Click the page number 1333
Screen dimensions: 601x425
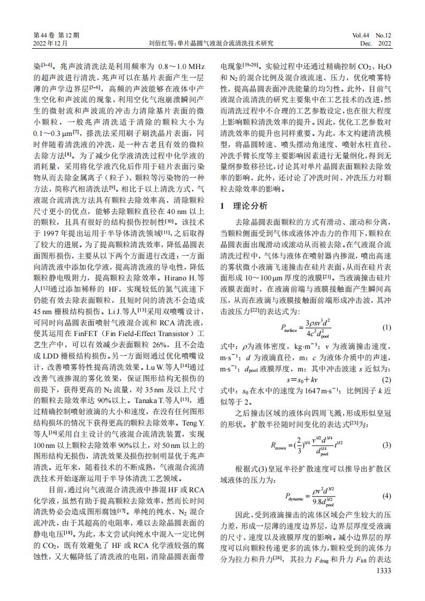click(382, 571)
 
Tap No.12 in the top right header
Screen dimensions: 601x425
click(384, 35)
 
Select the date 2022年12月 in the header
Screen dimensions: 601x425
click(50, 43)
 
